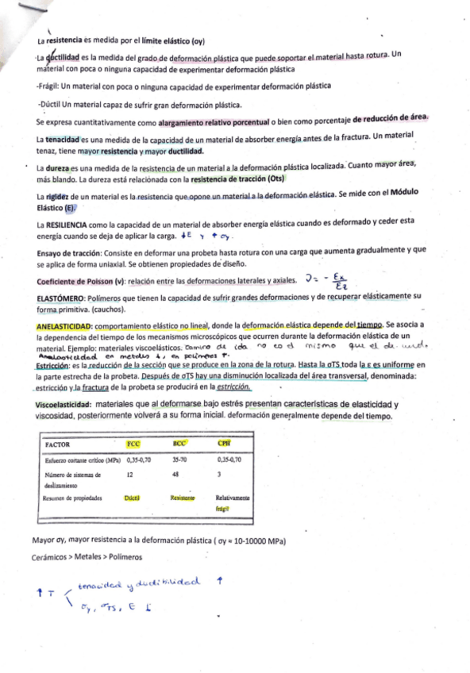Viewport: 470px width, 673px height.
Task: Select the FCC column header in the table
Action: [133, 444]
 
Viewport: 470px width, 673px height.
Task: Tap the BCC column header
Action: [179, 444]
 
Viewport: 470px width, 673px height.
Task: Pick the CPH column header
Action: [224, 444]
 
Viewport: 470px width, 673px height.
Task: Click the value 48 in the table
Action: [175, 475]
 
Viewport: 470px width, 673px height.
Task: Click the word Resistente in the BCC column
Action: [183, 498]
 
